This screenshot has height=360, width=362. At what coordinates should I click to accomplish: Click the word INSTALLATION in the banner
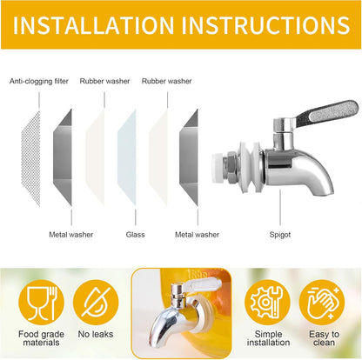tap(93, 25)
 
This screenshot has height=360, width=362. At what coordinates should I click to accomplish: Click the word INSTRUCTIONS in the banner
tap(265, 25)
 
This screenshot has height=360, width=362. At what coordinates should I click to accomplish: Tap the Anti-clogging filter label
tap(39, 81)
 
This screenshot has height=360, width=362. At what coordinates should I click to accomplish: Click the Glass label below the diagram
tap(135, 235)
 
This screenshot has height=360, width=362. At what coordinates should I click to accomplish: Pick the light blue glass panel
tap(127, 157)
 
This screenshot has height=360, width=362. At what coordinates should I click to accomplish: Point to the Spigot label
tap(280, 235)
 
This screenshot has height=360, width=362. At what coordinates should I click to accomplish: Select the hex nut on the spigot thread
tap(231, 168)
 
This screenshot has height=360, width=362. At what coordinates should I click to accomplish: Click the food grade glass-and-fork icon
tap(41, 303)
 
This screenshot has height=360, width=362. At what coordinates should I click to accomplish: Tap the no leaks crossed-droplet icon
tap(96, 303)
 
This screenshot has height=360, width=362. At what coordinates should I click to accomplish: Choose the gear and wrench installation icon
tap(267, 303)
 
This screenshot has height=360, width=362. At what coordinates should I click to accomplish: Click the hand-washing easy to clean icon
tap(322, 303)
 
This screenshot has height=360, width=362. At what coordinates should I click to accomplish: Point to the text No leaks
tap(96, 334)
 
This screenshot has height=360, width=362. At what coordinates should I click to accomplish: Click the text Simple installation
tap(268, 338)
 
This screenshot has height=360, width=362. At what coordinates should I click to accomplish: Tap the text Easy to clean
tap(324, 338)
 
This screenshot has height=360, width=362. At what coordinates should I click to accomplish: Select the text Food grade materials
tap(41, 338)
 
